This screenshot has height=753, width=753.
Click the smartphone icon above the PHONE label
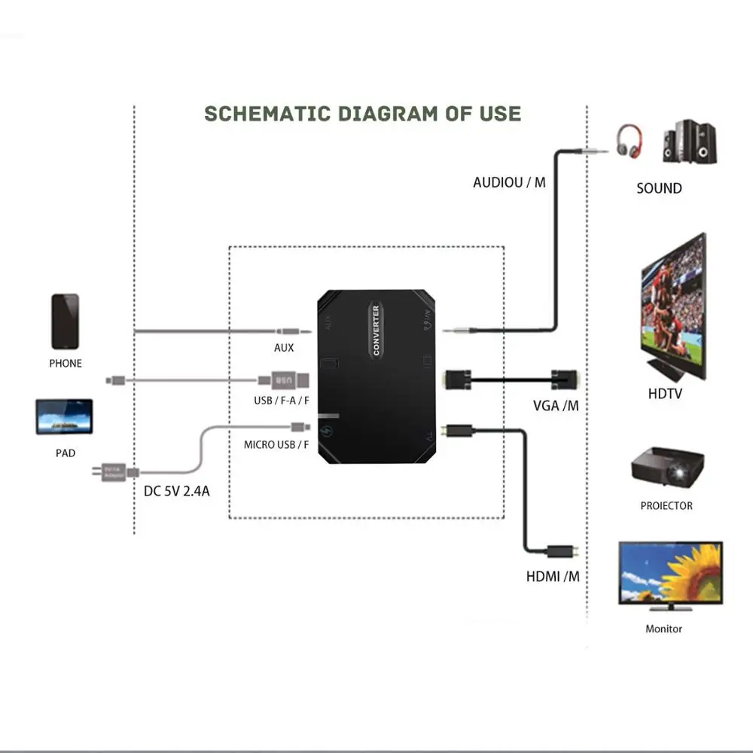coord(65,322)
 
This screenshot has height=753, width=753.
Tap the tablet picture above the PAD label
coord(64,416)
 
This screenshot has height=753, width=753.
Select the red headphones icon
coord(630,142)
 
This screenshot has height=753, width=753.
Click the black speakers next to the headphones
coord(689,142)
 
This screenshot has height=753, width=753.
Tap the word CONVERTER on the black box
coord(376,330)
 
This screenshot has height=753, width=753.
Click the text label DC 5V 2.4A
coord(176,492)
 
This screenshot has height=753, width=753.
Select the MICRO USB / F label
coord(276,444)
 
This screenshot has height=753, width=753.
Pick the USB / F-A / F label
coord(282,400)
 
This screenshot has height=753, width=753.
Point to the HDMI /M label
coord(553,578)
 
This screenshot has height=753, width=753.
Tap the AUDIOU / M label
coord(509,182)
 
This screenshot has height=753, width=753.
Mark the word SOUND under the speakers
coord(659,188)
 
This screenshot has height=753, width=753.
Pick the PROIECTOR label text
coord(666,505)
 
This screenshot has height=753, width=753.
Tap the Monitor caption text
coord(664,628)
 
